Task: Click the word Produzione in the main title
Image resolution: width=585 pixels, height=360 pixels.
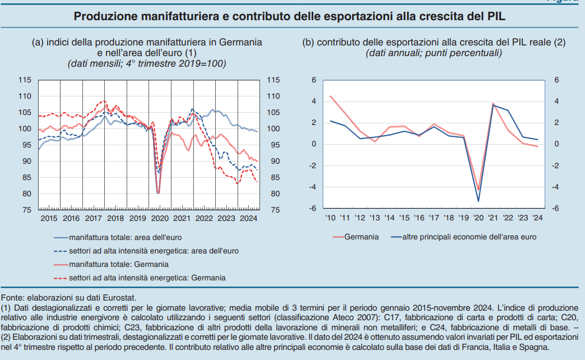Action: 105,16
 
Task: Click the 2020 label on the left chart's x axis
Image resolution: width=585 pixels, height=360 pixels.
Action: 160,218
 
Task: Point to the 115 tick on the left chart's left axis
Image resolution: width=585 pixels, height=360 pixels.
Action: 26,80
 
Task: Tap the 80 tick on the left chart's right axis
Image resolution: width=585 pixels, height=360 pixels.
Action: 272,194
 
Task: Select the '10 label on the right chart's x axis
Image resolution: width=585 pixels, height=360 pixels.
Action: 330,218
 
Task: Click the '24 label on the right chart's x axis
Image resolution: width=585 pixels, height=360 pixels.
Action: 537,218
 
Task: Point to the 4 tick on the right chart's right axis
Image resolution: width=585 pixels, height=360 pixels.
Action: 556,101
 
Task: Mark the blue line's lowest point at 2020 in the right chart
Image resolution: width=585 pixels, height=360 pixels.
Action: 478,201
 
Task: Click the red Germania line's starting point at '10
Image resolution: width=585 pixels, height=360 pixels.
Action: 330,96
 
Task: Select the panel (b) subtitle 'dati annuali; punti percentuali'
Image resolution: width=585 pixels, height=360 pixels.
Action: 434,53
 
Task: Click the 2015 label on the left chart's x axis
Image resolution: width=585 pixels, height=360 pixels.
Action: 49,218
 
